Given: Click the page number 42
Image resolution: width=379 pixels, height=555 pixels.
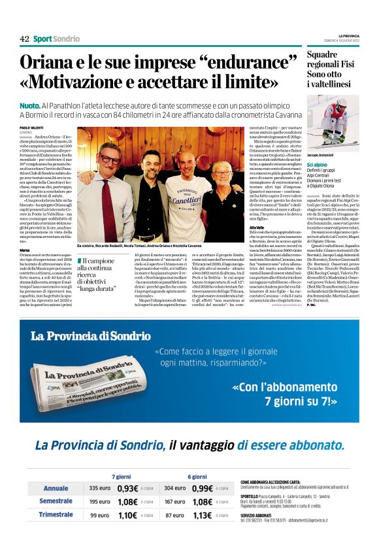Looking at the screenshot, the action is click(x=24, y=39).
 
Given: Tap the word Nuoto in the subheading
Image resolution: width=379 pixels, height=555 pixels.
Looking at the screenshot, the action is click(x=30, y=105).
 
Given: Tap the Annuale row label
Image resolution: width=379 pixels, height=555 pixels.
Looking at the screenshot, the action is click(x=56, y=488).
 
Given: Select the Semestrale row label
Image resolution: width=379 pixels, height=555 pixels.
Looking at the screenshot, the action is click(x=56, y=501).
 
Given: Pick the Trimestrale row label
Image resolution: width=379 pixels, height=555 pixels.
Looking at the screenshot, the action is click(x=56, y=514).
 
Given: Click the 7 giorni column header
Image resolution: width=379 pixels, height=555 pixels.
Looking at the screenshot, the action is click(x=122, y=477).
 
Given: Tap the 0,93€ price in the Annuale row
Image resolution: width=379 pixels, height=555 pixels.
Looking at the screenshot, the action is click(x=128, y=488).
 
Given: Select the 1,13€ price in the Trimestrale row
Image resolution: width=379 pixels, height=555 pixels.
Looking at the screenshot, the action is click(x=204, y=514).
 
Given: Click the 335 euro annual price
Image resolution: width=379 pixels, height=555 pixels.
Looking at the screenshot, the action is click(x=100, y=488).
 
